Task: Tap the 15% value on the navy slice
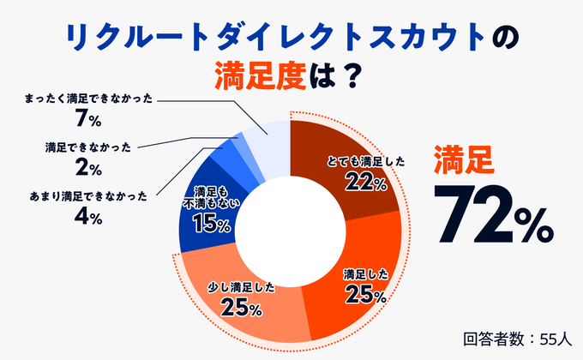click(211, 225)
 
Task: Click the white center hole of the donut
click(291, 231)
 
